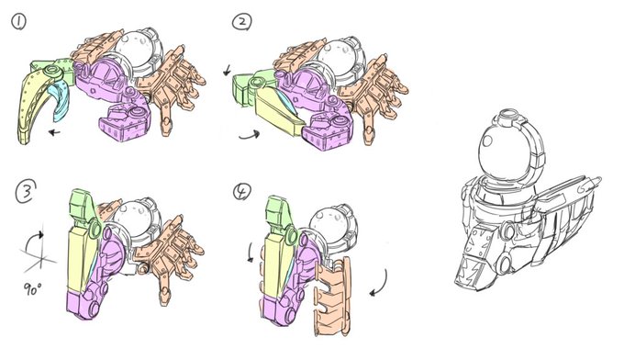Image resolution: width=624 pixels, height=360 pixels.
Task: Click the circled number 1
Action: coord(18,22)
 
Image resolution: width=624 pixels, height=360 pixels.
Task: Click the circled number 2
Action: coord(241,22)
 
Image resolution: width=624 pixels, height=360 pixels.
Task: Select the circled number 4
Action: coord(242,192)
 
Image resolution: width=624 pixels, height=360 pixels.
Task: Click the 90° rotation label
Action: coord(32,288)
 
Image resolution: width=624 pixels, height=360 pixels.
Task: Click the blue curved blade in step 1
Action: coord(60,102)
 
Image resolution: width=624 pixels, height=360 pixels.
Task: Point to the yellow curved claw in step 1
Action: coord(35,105)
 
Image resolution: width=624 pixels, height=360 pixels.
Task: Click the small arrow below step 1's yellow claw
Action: coord(54,132)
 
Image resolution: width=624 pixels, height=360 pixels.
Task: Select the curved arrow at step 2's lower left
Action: coord(250,135)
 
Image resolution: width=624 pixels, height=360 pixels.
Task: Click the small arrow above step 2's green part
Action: coord(227,71)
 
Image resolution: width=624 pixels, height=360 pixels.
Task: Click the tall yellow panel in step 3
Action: coord(81,261)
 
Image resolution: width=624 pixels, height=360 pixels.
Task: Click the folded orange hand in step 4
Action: coord(333,297)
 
